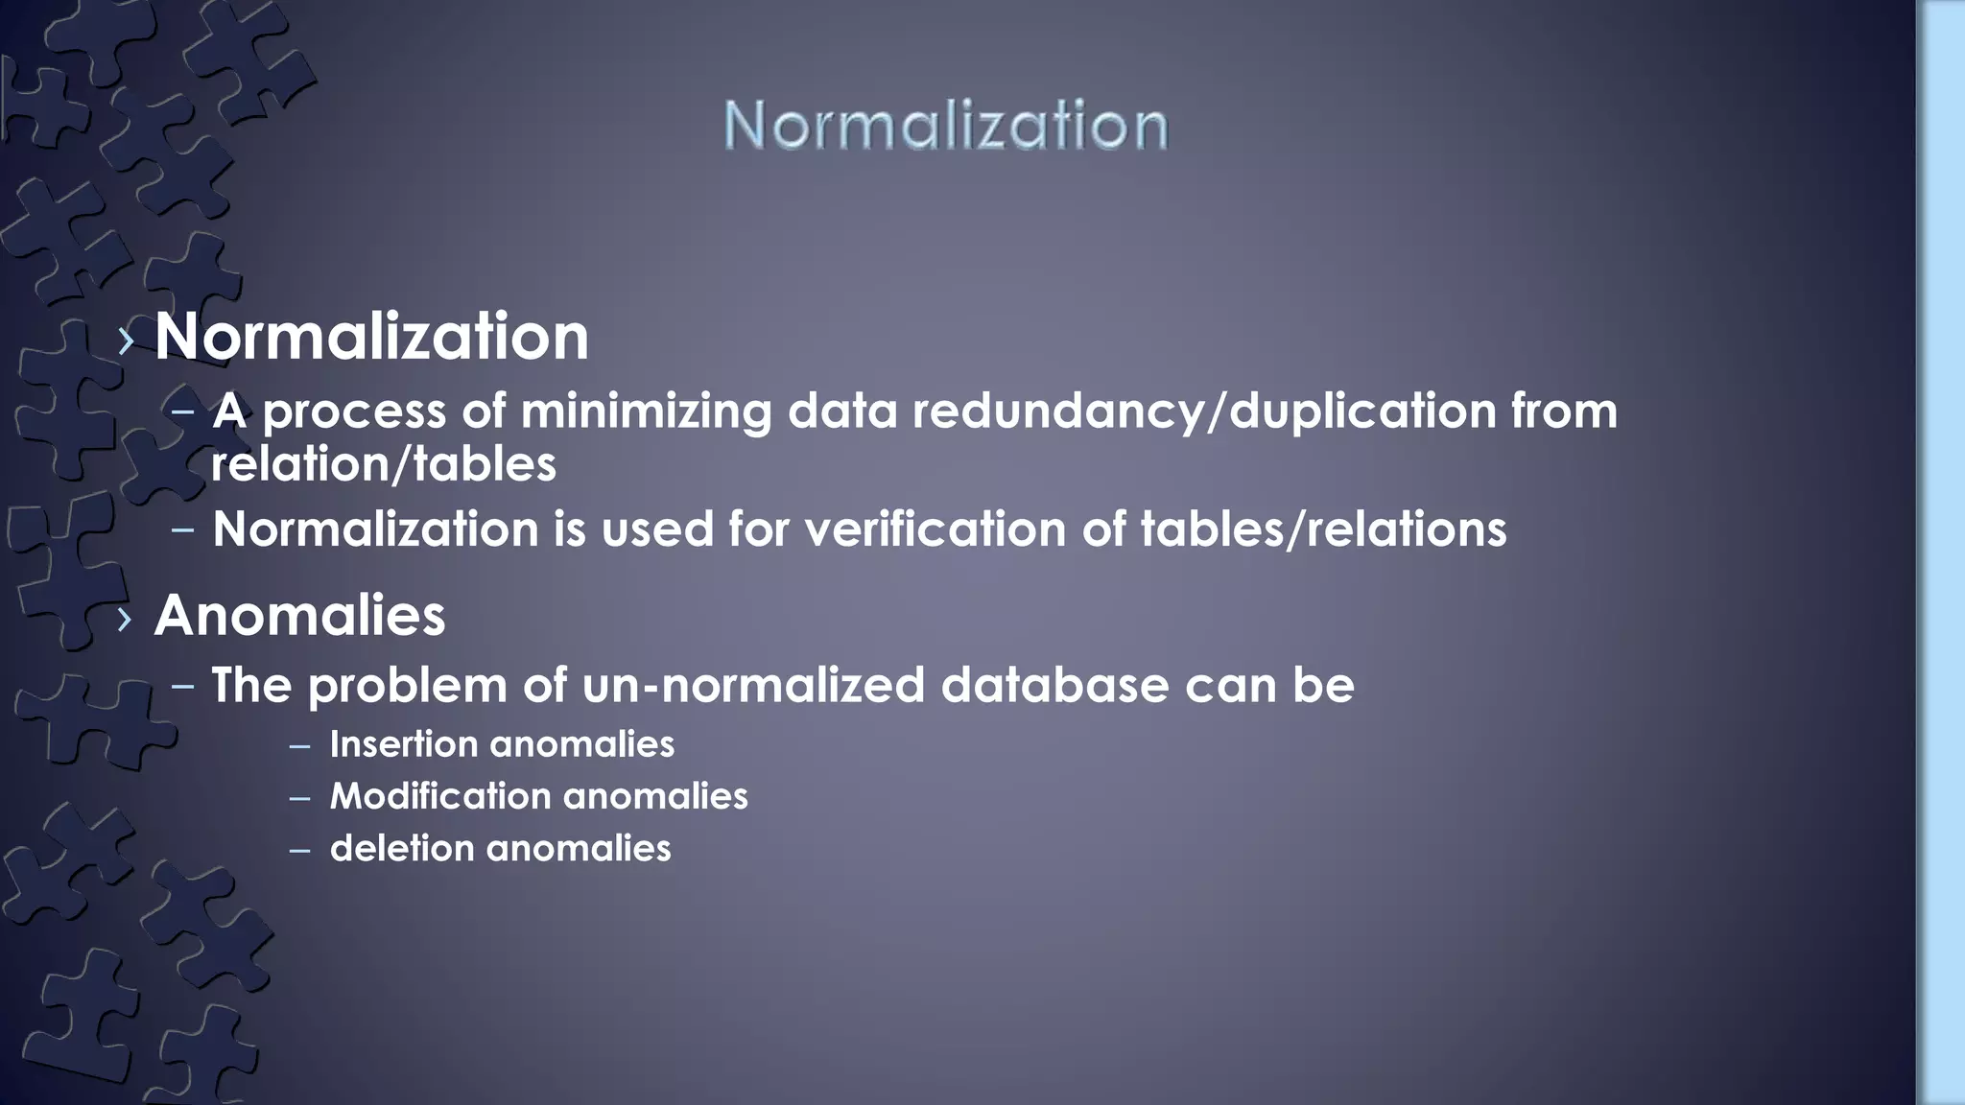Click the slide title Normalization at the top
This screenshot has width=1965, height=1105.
(x=945, y=126)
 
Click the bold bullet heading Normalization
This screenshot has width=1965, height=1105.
(x=371, y=337)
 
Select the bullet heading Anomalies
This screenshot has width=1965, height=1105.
(x=299, y=615)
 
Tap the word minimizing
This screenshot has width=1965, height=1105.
(x=646, y=411)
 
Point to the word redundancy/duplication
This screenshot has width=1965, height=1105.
(x=1204, y=411)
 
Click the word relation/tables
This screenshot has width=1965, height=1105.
(x=383, y=464)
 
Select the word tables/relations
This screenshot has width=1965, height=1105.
(x=1323, y=529)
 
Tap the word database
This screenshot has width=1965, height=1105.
(x=1054, y=686)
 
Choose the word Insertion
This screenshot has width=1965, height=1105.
(x=403, y=744)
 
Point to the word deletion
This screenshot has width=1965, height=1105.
(x=402, y=848)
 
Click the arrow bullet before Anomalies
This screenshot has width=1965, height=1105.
(x=125, y=620)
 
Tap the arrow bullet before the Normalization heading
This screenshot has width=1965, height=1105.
(x=126, y=341)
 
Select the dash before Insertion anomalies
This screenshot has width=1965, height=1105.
(x=299, y=745)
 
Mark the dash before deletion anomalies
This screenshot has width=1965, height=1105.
(x=299, y=850)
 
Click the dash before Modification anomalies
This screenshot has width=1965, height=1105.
(x=299, y=797)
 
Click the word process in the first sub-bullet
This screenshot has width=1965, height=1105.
(x=354, y=412)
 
